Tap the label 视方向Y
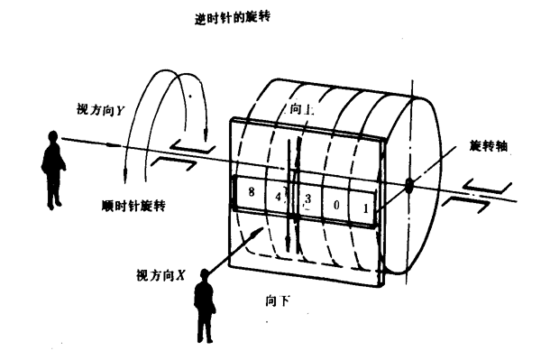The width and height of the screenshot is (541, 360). pos(100,110)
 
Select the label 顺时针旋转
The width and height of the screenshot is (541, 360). pos(133,206)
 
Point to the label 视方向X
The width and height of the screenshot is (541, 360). pos(160,275)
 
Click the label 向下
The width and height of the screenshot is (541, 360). pos(278,301)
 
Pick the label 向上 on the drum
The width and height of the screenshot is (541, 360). pos(301,109)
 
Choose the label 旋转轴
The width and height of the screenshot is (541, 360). pos(489,146)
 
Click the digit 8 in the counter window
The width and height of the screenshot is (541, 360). pos(252,191)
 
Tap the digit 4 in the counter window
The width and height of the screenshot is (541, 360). pos(279,197)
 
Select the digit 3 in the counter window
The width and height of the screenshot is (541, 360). pos(307,198)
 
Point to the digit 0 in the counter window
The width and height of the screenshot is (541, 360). pos(336,205)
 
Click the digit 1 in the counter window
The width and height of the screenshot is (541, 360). pos(365,208)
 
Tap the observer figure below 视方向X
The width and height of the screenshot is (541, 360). pos(205,306)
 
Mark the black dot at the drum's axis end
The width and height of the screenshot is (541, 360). pos(408,186)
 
